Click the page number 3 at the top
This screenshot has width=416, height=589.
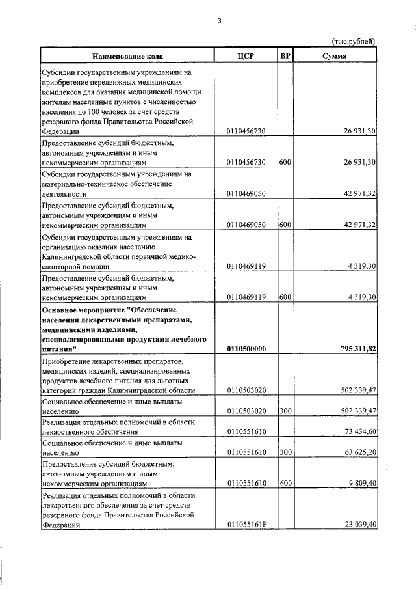[x=220, y=21]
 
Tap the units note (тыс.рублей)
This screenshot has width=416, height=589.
[x=354, y=41]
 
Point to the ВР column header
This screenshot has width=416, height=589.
[x=285, y=55]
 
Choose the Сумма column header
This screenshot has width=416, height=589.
[x=335, y=56]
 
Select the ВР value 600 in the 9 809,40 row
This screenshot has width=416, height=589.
[x=285, y=484]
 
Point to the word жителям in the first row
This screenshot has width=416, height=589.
[x=57, y=102]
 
